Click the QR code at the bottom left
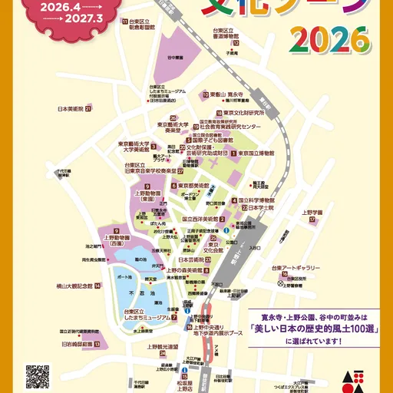pos(38,376)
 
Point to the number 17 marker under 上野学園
pos(312,220)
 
